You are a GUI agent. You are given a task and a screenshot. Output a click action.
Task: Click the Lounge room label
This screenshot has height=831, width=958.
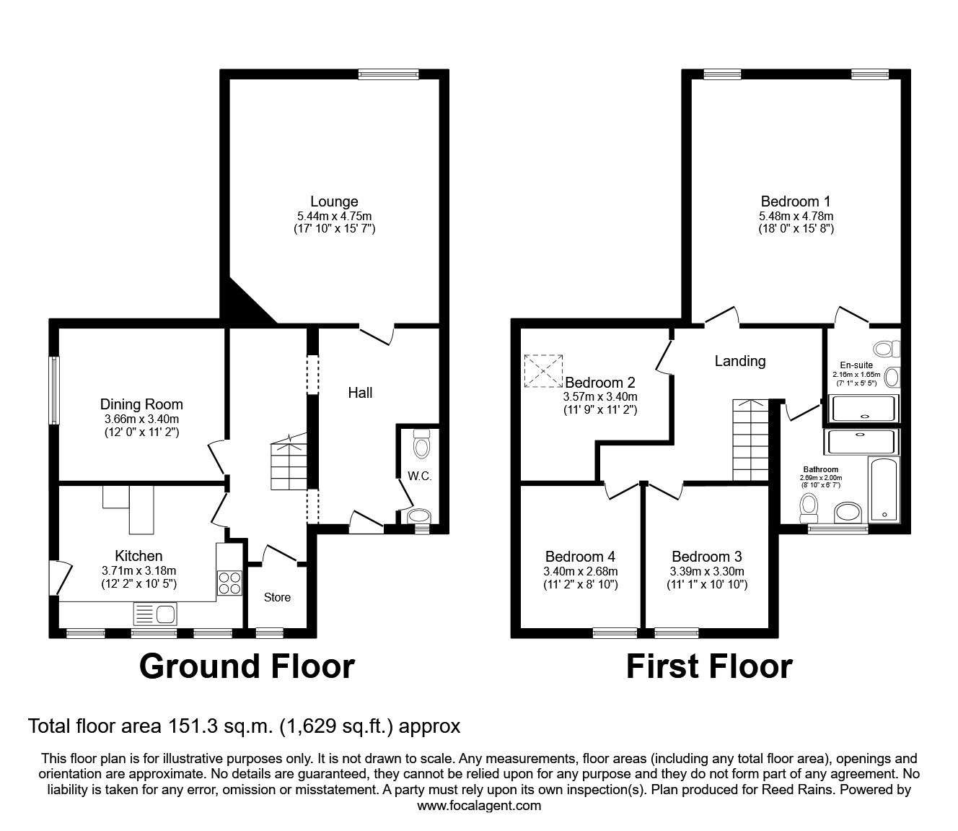[x=334, y=201]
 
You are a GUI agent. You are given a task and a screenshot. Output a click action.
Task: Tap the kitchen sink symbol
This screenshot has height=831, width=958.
[x=154, y=615]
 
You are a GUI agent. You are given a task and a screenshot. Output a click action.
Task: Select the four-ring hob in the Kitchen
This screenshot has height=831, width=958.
[x=229, y=583]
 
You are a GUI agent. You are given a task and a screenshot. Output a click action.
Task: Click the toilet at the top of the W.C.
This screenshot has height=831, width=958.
[x=421, y=443]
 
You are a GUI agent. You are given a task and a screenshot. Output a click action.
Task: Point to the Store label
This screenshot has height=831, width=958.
[x=277, y=597]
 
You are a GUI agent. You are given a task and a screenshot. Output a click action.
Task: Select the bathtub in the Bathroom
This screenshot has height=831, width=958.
[x=884, y=489]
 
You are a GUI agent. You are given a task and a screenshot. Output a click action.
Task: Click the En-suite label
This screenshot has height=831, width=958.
[x=856, y=365]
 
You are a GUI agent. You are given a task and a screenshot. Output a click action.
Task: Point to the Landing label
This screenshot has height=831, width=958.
[x=739, y=360]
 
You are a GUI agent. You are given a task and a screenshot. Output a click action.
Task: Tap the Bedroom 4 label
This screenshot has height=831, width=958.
[x=580, y=557]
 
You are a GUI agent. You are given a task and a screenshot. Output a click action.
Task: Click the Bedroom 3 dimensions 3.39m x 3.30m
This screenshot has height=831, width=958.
[x=706, y=571]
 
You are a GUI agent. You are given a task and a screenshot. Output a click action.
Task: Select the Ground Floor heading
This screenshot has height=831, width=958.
[x=247, y=666]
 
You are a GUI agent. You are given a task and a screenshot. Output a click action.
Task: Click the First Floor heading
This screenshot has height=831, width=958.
[x=709, y=666]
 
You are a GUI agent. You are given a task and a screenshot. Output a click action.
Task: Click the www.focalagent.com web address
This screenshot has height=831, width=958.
[x=479, y=806]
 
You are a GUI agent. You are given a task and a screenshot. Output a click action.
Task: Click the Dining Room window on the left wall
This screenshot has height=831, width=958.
[x=54, y=390]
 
